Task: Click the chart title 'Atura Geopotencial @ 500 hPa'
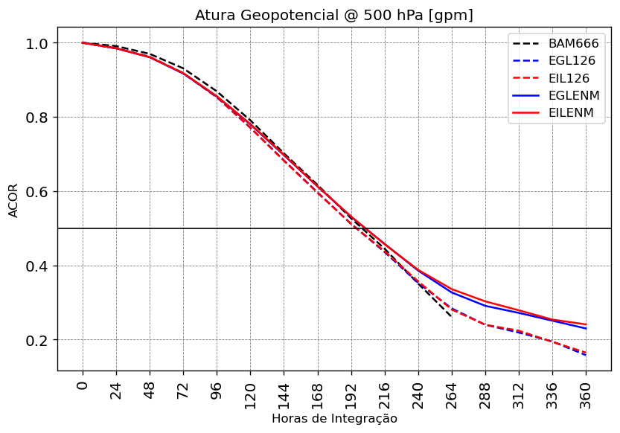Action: click(333, 16)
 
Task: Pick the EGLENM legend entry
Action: click(573, 95)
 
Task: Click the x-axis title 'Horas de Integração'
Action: click(333, 419)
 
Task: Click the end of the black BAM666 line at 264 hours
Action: click(452, 317)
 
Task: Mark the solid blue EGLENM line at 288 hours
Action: click(485, 306)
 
